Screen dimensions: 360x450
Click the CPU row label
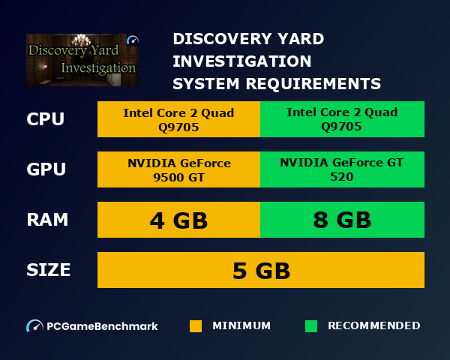(45, 119)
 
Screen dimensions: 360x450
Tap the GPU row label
(46, 169)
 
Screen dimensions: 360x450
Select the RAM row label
(47, 220)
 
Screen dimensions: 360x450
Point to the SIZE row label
(49, 269)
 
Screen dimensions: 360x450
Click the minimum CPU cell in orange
(178, 119)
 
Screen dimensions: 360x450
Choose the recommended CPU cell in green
(342, 119)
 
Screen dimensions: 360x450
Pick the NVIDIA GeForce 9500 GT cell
(178, 169)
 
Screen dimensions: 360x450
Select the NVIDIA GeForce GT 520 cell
(342, 169)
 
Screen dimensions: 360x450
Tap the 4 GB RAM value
(178, 220)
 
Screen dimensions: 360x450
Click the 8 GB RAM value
(342, 220)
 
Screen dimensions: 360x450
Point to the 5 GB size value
(261, 270)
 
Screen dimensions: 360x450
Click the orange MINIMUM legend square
(196, 326)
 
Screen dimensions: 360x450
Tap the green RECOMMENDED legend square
(311, 326)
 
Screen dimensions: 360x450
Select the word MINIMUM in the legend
(241, 326)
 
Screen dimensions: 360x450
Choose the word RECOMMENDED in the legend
(373, 326)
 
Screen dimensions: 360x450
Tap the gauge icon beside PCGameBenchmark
(34, 326)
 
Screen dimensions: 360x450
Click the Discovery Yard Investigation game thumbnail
(82, 60)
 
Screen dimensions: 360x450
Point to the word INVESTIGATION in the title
(242, 61)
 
